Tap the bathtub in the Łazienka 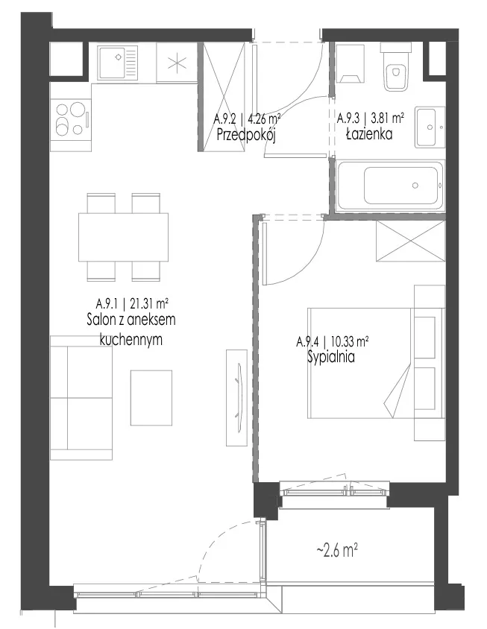391,186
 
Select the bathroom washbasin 430,127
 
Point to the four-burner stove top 71,119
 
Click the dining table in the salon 123,237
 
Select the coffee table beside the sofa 151,397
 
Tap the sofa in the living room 81,397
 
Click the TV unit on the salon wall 236,397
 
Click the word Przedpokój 246,135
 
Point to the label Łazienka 369,134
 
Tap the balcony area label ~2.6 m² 337,550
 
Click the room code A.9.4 307,342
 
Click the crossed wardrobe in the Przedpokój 224,97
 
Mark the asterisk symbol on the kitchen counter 177,63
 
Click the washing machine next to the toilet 350,63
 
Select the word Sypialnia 331,357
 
